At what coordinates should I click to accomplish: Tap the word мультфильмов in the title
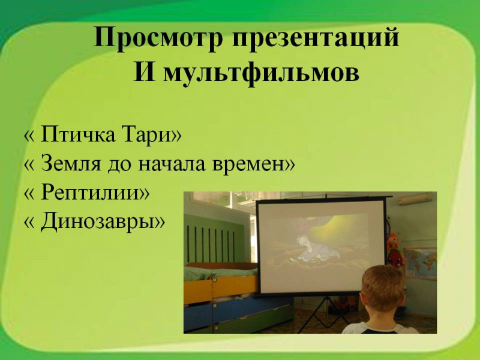pos(261,73)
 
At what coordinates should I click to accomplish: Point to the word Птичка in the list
pos(78,134)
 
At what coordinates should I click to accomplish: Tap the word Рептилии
pos(91,193)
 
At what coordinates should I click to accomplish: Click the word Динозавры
pos(98,221)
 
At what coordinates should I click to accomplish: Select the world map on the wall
pos(421,263)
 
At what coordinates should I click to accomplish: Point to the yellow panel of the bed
pos(220,289)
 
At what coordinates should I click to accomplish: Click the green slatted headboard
pos(214,239)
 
